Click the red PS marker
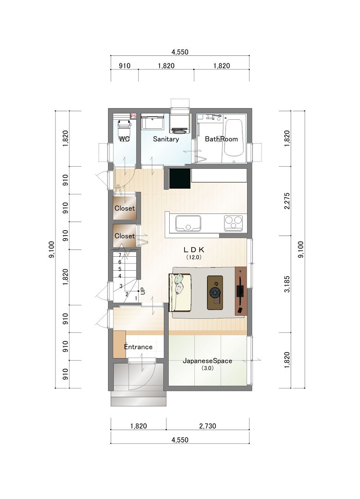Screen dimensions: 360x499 tap(133, 116)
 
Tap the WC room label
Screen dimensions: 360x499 tap(124, 139)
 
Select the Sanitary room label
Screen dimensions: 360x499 tap(166, 139)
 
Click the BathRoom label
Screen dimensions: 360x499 tap(221, 139)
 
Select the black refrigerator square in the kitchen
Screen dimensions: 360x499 tap(180, 178)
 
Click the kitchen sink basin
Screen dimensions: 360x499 tap(188, 223)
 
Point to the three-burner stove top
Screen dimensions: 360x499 tap(233, 223)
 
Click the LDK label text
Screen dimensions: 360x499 tap(193, 250)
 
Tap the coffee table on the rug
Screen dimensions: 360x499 tap(215, 292)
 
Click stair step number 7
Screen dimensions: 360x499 tap(120, 255)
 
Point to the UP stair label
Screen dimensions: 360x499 tap(143, 291)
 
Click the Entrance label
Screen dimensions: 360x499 tap(138, 347)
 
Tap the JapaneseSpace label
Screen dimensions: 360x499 tap(207, 361)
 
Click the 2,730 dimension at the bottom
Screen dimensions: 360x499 tap(207, 426)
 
